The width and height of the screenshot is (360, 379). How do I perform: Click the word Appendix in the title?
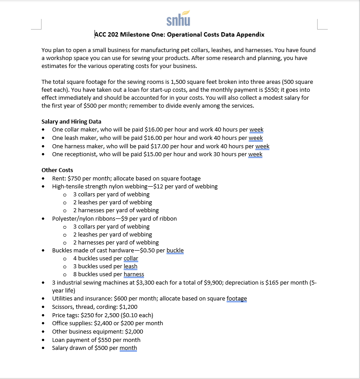(250, 34)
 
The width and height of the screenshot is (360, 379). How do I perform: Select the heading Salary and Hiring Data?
(71, 121)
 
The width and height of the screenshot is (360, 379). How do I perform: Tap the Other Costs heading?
(57, 170)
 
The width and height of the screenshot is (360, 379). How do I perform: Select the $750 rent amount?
(73, 178)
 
